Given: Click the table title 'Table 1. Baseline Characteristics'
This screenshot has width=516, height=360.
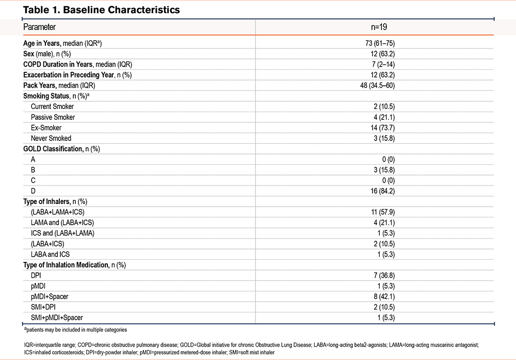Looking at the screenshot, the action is (x=101, y=10).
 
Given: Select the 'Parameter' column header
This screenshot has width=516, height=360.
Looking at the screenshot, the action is (x=40, y=27).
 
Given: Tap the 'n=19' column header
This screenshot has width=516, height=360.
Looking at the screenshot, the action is (x=379, y=27).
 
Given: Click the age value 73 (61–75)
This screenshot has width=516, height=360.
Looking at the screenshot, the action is (x=380, y=43).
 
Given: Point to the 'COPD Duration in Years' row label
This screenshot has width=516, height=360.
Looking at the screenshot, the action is (x=58, y=64).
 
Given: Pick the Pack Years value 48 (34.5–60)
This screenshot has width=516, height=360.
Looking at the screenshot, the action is (x=378, y=85).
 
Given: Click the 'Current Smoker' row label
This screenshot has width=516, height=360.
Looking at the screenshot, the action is (x=52, y=106).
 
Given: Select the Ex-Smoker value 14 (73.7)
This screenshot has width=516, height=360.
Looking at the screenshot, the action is (x=382, y=128).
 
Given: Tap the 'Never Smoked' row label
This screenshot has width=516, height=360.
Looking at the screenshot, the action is (x=51, y=138).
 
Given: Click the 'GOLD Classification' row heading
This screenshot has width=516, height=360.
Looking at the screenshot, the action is (x=53, y=149).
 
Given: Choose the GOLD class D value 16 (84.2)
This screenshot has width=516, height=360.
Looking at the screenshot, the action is (x=382, y=191).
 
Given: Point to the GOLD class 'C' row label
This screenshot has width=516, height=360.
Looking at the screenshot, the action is (x=33, y=180).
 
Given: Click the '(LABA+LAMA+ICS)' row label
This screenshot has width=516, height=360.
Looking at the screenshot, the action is (x=58, y=212).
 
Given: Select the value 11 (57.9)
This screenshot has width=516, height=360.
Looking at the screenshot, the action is (x=383, y=212).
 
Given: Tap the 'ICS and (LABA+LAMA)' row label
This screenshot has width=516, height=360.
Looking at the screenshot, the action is (x=62, y=233).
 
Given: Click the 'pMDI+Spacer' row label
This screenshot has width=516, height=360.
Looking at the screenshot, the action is (x=50, y=296).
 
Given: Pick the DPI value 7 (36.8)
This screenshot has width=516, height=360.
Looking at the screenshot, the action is (x=384, y=275).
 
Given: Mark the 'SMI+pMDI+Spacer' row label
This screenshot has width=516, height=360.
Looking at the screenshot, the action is (x=57, y=318).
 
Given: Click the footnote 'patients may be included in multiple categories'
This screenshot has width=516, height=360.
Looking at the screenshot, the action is (x=76, y=330).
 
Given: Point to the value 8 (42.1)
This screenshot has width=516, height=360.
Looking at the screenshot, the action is (x=384, y=296).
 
